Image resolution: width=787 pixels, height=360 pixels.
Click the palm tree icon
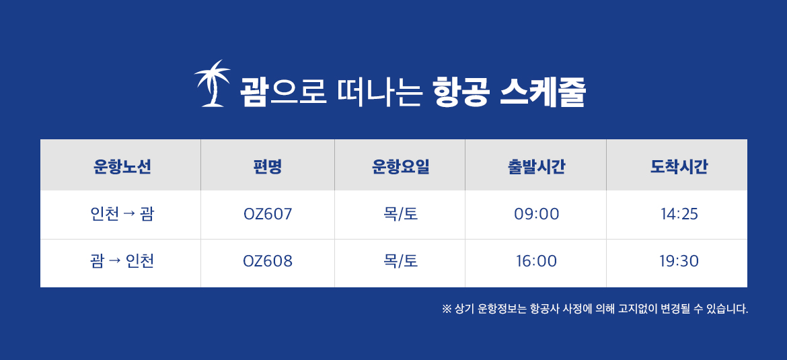[x=213, y=83]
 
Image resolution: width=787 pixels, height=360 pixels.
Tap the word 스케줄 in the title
[x=542, y=92]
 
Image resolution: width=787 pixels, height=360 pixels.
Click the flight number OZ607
[x=268, y=215]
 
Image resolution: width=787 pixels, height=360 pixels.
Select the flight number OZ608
[x=268, y=262]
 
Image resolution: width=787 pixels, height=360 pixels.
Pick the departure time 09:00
[x=537, y=215]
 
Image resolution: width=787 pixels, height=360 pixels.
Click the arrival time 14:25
[x=679, y=215]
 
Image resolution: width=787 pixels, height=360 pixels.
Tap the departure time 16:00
[x=537, y=262]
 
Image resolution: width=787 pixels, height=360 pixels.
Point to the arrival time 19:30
[x=679, y=262]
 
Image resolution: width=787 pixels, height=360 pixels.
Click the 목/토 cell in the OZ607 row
[x=400, y=215]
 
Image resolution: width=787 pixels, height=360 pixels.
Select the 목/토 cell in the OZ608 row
[x=400, y=262]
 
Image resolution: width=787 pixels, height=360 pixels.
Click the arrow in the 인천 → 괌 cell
[x=129, y=215]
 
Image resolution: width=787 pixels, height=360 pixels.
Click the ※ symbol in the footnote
[x=447, y=309]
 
